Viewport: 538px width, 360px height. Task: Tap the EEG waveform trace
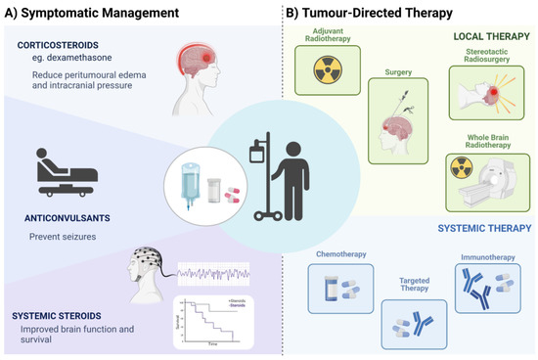click(x=214, y=269)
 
